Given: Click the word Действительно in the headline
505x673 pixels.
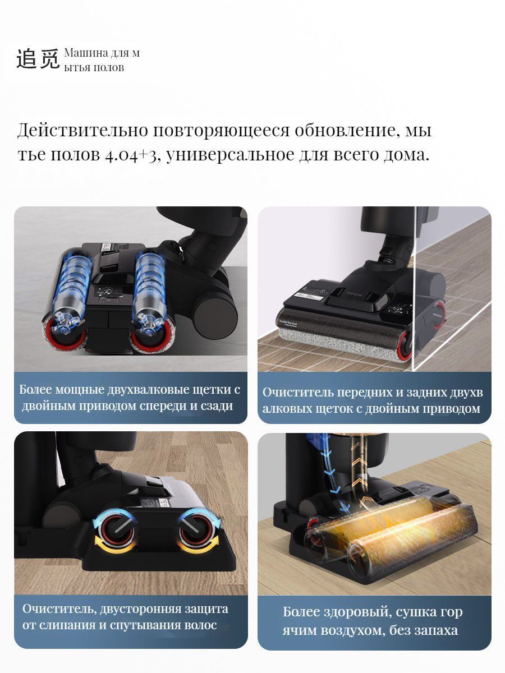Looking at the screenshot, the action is point(82,130).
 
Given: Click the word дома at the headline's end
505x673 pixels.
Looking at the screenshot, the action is point(405,154).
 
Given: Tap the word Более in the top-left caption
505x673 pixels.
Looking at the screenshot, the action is point(35,389).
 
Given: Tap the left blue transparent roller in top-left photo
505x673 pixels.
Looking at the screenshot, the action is point(72,291).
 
